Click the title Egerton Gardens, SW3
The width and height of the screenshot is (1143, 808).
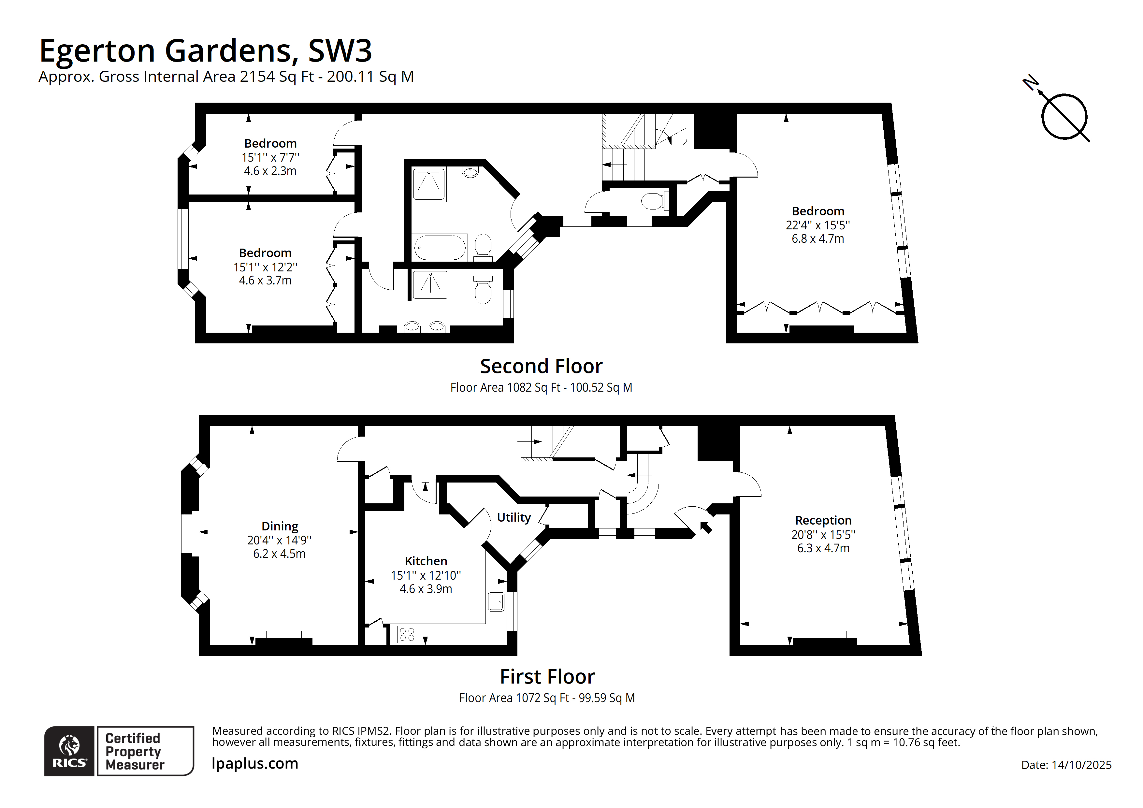coord(205,51)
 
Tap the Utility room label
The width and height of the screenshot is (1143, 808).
coord(514,517)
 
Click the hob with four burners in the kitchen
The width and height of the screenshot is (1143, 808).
coord(407,634)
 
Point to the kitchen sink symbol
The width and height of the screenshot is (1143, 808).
coord(496,601)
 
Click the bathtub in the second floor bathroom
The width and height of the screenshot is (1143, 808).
coord(440,247)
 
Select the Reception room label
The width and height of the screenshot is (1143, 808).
coord(823,520)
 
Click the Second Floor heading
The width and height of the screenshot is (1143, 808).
coord(541,367)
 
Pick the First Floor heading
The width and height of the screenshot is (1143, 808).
coord(547,677)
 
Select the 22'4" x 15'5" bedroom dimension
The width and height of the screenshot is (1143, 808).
coord(817,225)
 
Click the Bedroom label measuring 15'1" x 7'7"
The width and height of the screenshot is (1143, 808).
coord(270,143)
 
